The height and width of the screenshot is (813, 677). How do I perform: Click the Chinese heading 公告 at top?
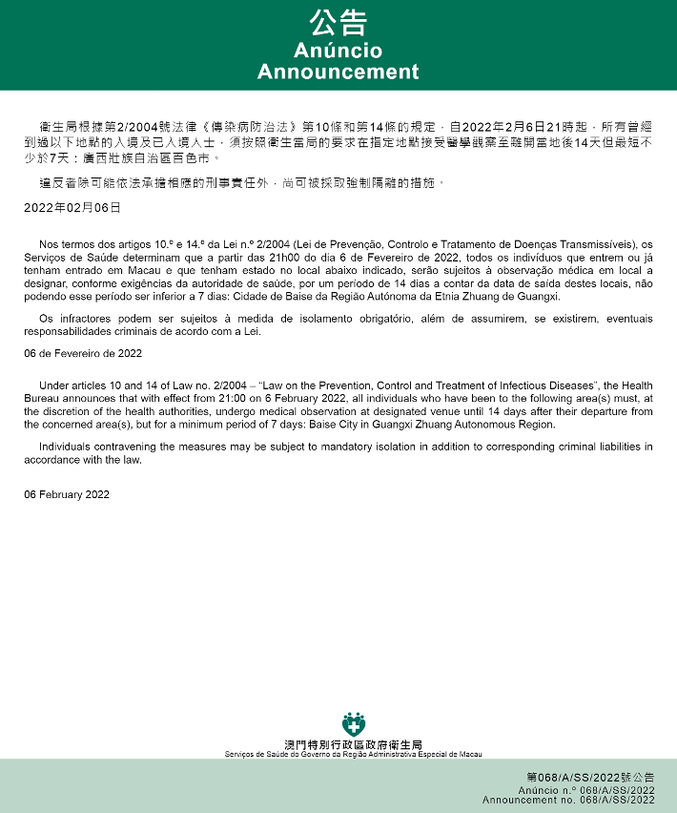[x=338, y=23]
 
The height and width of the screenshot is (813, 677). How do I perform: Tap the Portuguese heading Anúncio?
[x=338, y=51]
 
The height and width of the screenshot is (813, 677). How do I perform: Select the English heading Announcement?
[x=338, y=73]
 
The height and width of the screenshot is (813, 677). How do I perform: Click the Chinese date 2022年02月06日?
[x=72, y=207]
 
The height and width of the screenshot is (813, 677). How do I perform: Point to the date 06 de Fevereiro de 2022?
[x=83, y=353]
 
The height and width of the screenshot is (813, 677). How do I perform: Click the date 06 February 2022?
[x=67, y=494]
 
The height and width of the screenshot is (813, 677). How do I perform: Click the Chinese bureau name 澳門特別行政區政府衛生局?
[x=353, y=744]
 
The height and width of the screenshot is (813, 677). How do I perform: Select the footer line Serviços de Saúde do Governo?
[x=353, y=754]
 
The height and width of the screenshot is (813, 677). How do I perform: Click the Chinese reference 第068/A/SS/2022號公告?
[x=590, y=778]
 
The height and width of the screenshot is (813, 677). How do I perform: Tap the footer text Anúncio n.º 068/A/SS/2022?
[x=586, y=790]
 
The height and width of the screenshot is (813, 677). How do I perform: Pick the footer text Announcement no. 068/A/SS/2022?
[x=568, y=800]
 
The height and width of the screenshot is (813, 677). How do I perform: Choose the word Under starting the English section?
[x=54, y=386]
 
